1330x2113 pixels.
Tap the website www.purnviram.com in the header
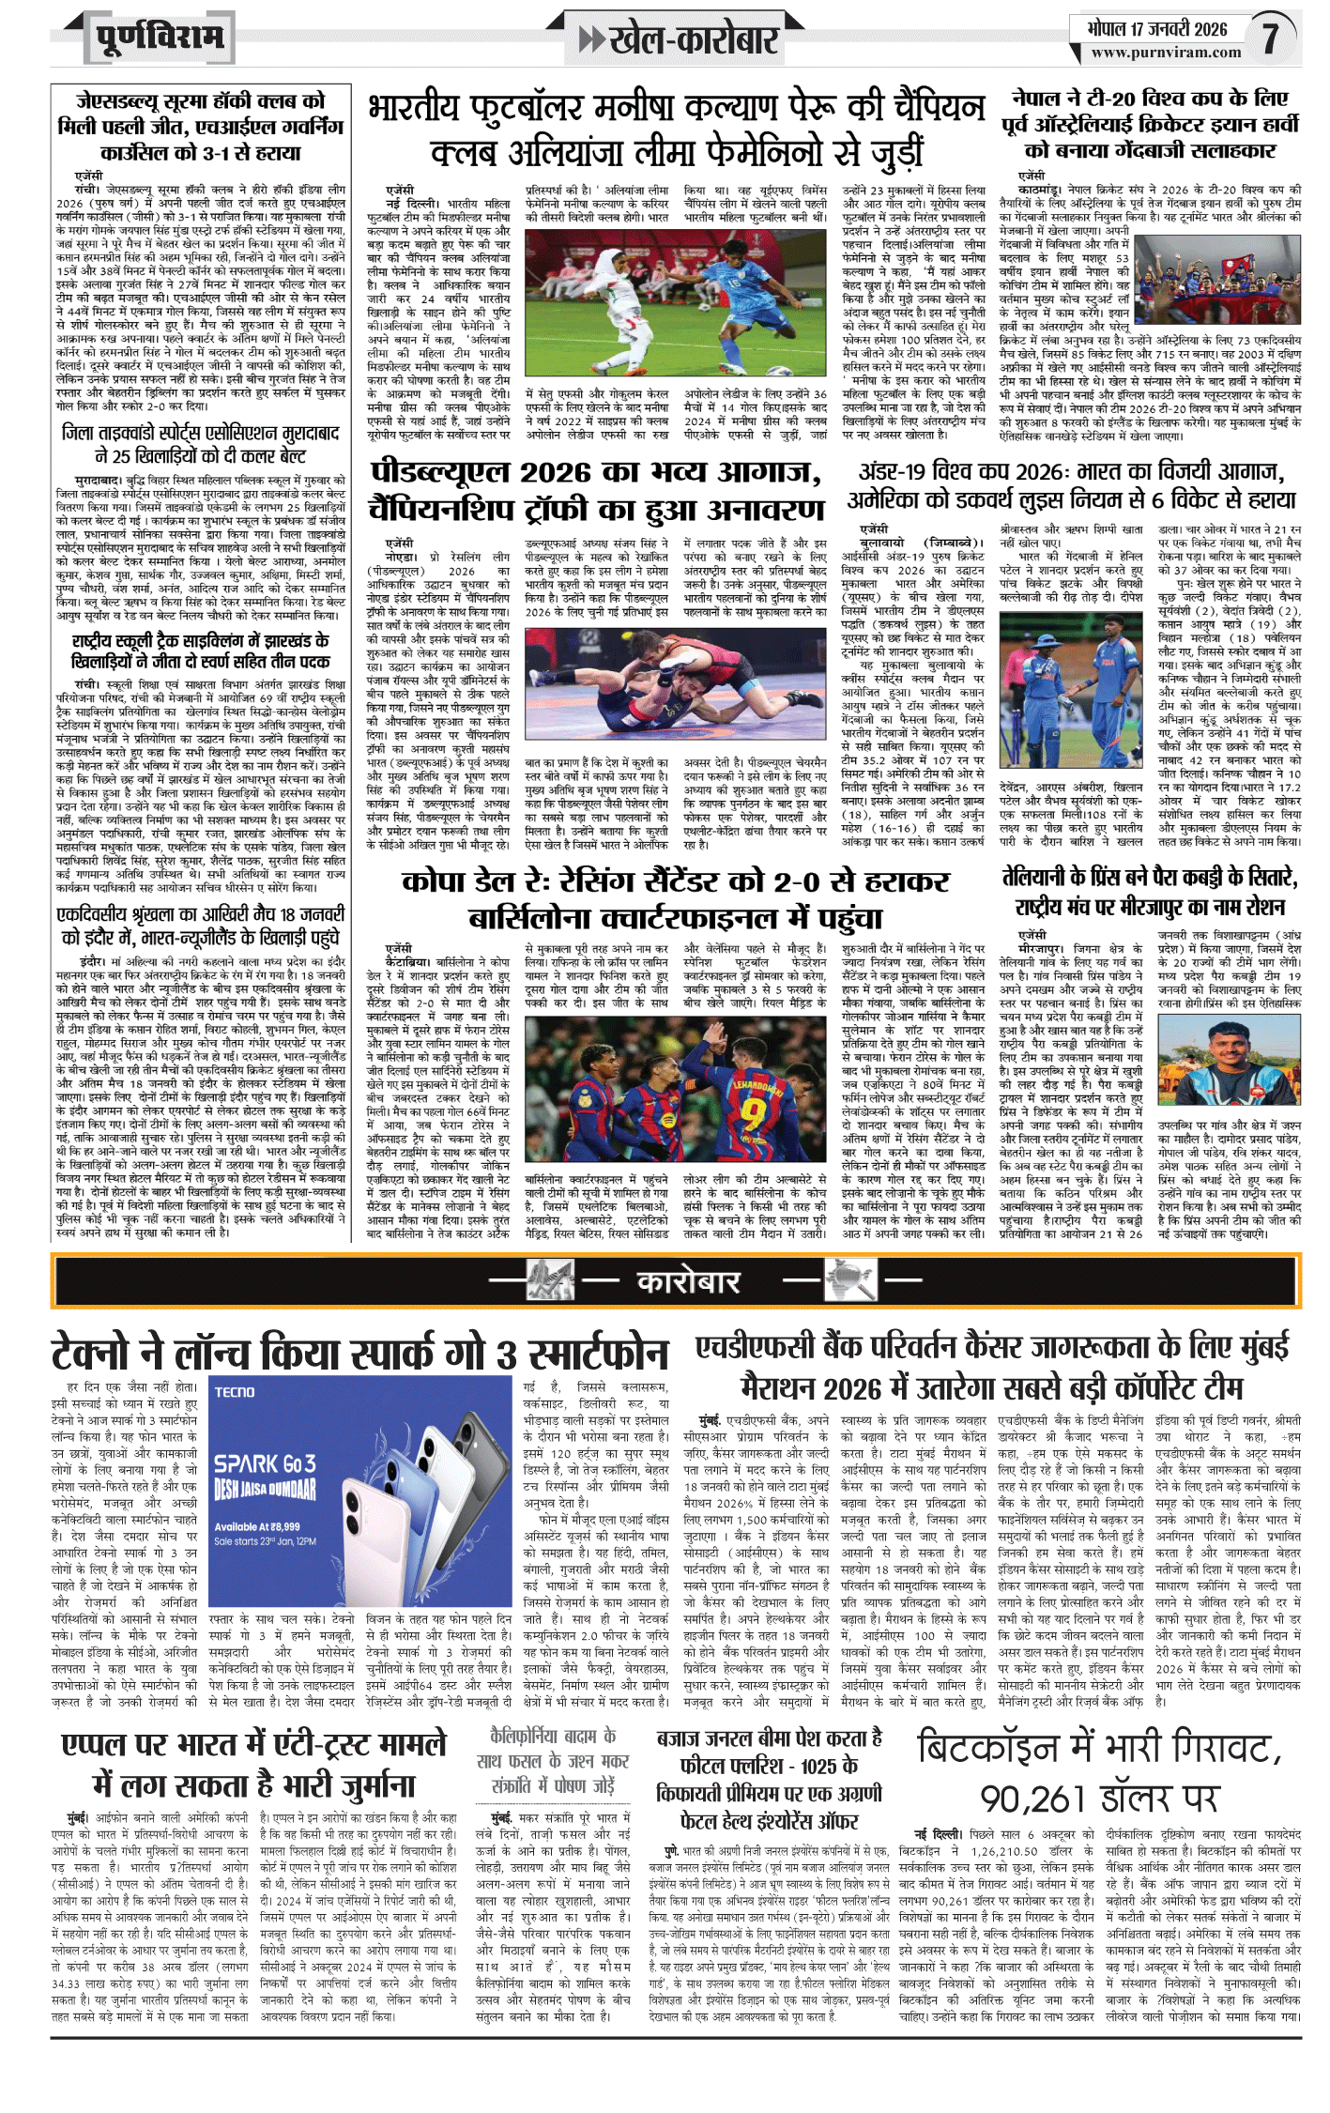tap(1166, 54)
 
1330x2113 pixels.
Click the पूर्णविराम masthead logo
tap(161, 38)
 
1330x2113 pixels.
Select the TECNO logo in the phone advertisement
tap(235, 1391)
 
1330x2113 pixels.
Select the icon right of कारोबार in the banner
tap(849, 1280)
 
